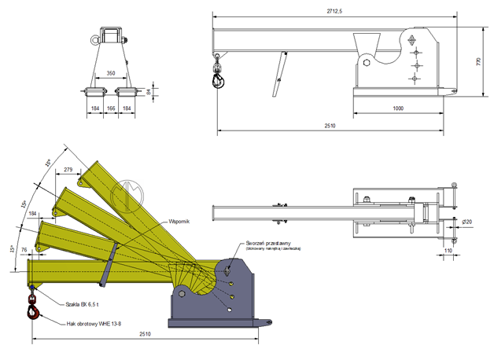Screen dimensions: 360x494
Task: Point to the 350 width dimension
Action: pyautogui.click(x=111, y=73)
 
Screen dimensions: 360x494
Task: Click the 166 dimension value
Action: pyautogui.click(x=111, y=108)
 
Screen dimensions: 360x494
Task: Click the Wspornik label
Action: pyautogui.click(x=180, y=222)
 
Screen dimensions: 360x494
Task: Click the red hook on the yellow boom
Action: pyautogui.click(x=35, y=313)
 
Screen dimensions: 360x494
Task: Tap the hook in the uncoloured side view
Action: pyautogui.click(x=218, y=78)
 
